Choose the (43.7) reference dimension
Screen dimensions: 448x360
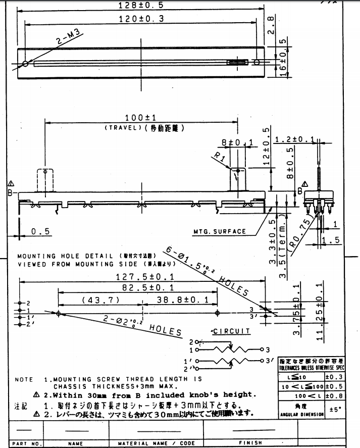[x=100, y=300]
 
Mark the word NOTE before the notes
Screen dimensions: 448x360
[x=24, y=379]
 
